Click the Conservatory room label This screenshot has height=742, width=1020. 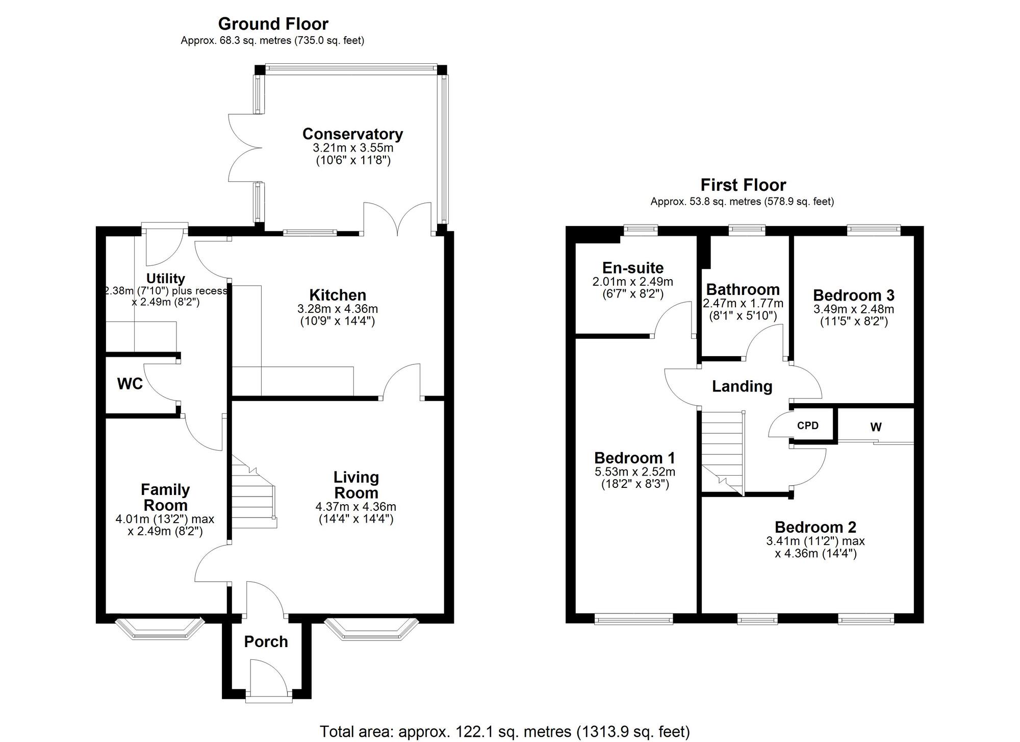pyautogui.click(x=352, y=134)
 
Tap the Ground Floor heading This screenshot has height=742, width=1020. pyautogui.click(x=273, y=24)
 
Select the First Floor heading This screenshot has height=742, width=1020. pyautogui.click(x=743, y=185)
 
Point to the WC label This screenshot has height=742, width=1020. pyautogui.click(x=130, y=384)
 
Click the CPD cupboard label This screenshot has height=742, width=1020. pyautogui.click(x=807, y=426)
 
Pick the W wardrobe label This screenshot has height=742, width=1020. pyautogui.click(x=876, y=427)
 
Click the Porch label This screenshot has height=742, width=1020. pyautogui.click(x=266, y=641)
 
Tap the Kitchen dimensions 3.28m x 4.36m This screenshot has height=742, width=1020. pyautogui.click(x=337, y=309)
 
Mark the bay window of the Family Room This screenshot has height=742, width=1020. pyautogui.click(x=159, y=628)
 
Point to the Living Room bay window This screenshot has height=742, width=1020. pyautogui.click(x=371, y=628)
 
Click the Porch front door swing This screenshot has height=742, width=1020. pyautogui.click(x=268, y=676)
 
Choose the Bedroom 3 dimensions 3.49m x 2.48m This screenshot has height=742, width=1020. pyautogui.click(x=853, y=309)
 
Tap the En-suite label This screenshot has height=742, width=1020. pyautogui.click(x=632, y=268)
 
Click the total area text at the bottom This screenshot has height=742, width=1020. pyautogui.click(x=504, y=731)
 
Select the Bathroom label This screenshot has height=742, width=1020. pyautogui.click(x=743, y=290)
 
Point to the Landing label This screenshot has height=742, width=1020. pyautogui.click(x=742, y=386)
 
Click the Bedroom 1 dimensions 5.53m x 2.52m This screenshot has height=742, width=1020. pyautogui.click(x=634, y=472)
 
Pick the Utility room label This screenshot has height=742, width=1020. pyautogui.click(x=165, y=279)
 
